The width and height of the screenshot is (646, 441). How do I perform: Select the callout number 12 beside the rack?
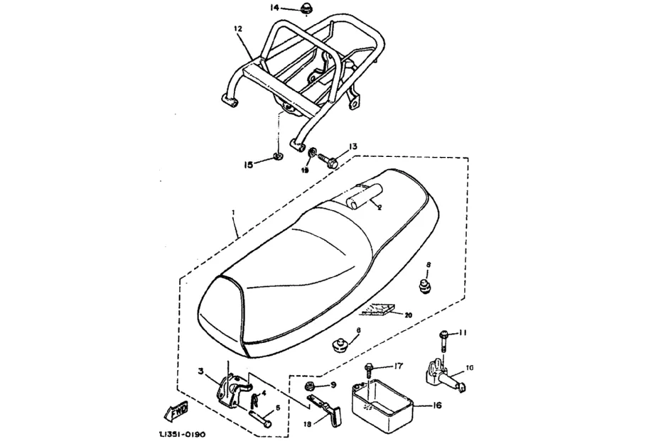pyautogui.click(x=237, y=29)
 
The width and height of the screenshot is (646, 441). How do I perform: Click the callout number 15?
pyautogui.click(x=249, y=165)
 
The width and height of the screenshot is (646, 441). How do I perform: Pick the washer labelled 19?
pyautogui.click(x=313, y=152)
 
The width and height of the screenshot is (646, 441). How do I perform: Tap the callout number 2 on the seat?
pyautogui.click(x=379, y=207)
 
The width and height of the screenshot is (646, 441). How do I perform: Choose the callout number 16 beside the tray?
pyautogui.click(x=436, y=405)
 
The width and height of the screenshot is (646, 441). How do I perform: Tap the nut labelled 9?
pyautogui.click(x=311, y=386)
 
